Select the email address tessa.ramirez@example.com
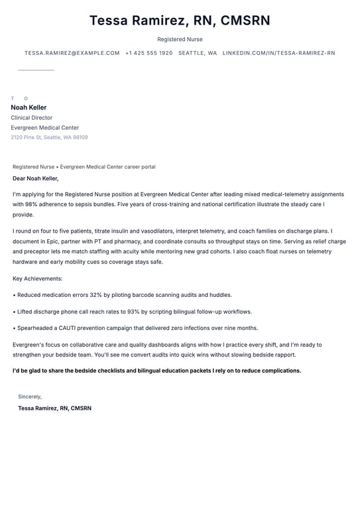pyautogui.click(x=72, y=53)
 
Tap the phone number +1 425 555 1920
pyautogui.click(x=149, y=53)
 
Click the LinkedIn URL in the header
pyautogui.click(x=278, y=53)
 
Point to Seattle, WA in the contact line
pyautogui.click(x=198, y=53)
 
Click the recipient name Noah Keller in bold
pyautogui.click(x=29, y=107)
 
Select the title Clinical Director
pyautogui.click(x=31, y=118)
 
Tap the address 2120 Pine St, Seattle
pyautogui.click(x=49, y=138)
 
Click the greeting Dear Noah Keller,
pyautogui.click(x=36, y=178)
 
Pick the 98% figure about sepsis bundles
pyautogui.click(x=32, y=205)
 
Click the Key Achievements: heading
pyautogui.click(x=38, y=279)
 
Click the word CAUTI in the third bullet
pyautogui.click(x=65, y=328)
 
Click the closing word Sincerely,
pyautogui.click(x=30, y=397)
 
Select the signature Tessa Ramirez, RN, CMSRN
pyautogui.click(x=54, y=408)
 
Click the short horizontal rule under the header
pyautogui.click(x=36, y=70)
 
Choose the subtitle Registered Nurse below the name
pyautogui.click(x=180, y=40)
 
